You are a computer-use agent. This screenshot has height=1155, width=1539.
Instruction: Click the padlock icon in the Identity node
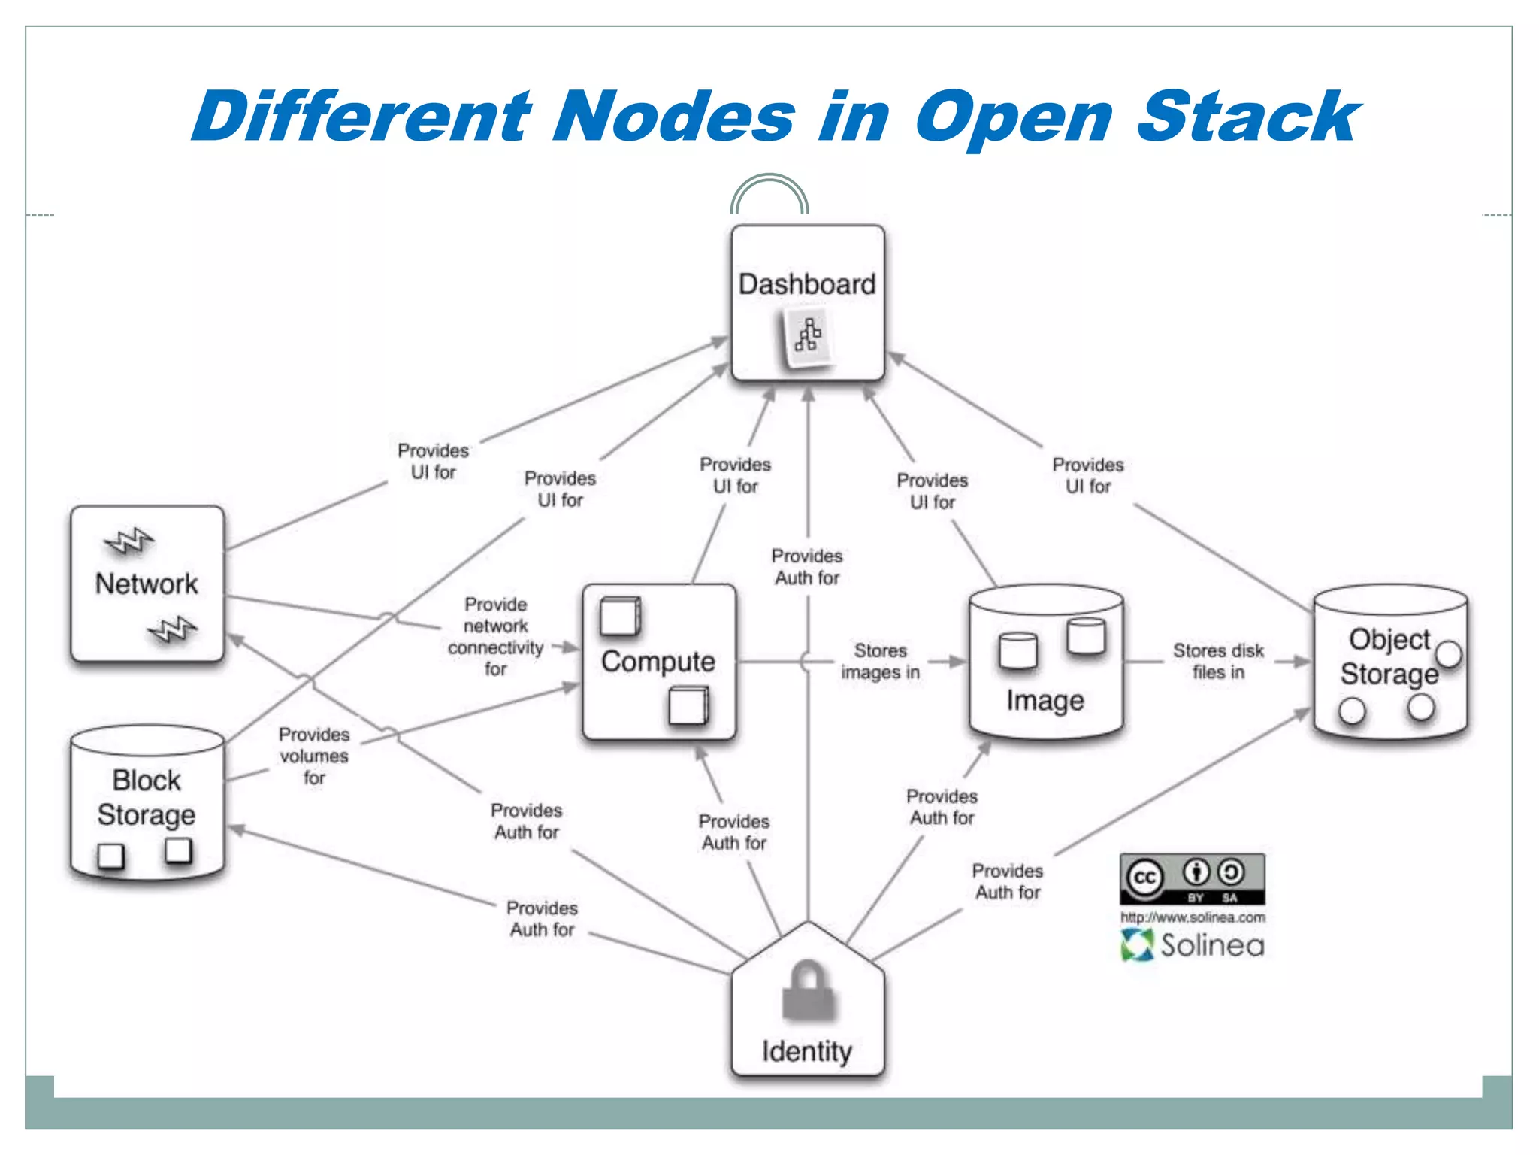[x=808, y=991]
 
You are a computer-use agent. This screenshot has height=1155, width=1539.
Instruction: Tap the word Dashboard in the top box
[x=807, y=284]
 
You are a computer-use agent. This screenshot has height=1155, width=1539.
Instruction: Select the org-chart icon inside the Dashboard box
[x=808, y=335]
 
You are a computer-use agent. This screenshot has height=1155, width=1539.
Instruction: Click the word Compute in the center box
[x=658, y=662]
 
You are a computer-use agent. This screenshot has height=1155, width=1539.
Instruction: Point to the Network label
[x=147, y=584]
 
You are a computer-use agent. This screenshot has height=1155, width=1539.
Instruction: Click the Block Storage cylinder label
[x=147, y=798]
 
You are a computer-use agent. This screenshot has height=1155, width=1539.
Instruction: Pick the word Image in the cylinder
[x=1045, y=700]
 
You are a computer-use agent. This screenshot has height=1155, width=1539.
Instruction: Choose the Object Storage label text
[x=1389, y=656]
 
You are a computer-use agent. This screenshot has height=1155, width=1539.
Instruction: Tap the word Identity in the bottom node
[x=807, y=1051]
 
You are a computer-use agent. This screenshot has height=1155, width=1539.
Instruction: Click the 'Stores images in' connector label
[x=880, y=661]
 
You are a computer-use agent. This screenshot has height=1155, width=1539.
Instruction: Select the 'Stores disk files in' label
[x=1218, y=661]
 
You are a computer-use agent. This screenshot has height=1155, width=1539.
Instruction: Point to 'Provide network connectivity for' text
[x=495, y=636]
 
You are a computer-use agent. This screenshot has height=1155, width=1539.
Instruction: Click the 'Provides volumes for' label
[x=314, y=756]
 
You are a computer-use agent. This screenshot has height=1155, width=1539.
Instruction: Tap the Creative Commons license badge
[x=1192, y=878]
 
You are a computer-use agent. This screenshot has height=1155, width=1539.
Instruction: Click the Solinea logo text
[x=1211, y=945]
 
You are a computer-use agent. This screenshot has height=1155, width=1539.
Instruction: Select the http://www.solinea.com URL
[x=1193, y=917]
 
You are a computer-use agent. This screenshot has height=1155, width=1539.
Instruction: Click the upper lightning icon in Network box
[x=129, y=541]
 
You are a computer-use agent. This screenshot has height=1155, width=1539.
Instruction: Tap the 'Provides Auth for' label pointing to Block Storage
[x=542, y=919]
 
